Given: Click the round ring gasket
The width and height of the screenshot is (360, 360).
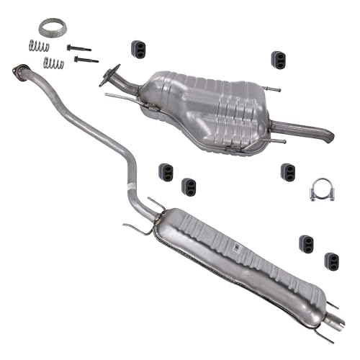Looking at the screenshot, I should (x=49, y=28).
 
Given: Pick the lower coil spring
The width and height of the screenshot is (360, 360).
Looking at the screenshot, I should (x=53, y=63).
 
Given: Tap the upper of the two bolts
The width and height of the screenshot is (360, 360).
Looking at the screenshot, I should (x=78, y=48).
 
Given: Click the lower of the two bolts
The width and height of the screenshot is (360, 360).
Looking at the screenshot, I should (x=86, y=60).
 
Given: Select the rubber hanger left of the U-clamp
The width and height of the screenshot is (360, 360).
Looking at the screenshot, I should (x=288, y=172).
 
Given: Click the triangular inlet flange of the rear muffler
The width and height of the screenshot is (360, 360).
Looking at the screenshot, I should (x=109, y=75).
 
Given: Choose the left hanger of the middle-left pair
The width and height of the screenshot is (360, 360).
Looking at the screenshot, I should (x=166, y=171).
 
